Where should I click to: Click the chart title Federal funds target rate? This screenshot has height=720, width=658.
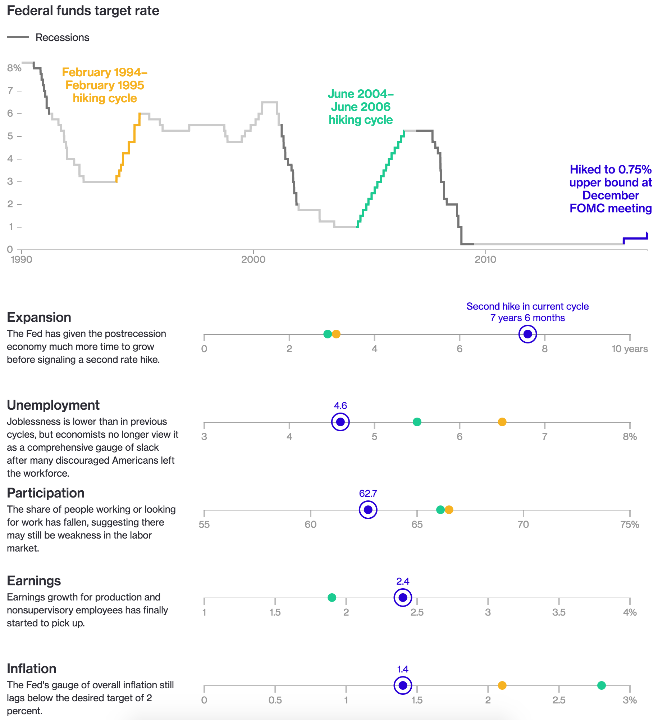click(x=83, y=11)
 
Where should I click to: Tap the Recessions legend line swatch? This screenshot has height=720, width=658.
click(x=18, y=37)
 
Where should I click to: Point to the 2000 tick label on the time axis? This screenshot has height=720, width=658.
click(x=253, y=260)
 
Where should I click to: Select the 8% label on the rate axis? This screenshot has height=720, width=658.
click(x=14, y=68)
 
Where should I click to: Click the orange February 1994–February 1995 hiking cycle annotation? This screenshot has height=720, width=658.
click(x=105, y=85)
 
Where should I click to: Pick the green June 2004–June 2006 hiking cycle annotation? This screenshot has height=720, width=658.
click(x=361, y=107)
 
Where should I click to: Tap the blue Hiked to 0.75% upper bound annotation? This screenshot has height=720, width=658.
click(x=611, y=189)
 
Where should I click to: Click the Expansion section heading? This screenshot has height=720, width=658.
click(x=39, y=318)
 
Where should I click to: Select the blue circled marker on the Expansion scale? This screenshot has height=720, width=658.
click(x=527, y=334)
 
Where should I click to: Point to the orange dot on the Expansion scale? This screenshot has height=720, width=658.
click(x=336, y=334)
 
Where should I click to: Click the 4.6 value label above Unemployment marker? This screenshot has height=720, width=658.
click(x=340, y=406)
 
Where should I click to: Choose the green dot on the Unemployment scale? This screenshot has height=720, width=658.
click(x=417, y=422)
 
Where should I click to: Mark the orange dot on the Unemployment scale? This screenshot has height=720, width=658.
click(x=502, y=422)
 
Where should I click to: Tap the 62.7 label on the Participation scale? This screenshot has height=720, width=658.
click(x=368, y=494)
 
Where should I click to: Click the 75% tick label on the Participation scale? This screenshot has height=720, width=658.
click(x=630, y=525)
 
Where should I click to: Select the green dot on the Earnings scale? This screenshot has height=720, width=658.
click(x=332, y=598)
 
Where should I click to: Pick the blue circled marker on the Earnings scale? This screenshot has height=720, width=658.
click(x=403, y=598)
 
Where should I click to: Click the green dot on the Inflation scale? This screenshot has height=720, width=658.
click(x=601, y=685)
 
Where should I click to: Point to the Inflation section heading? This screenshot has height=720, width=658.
click(x=32, y=669)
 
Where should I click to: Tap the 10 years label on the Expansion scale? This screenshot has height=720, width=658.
click(x=630, y=349)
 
